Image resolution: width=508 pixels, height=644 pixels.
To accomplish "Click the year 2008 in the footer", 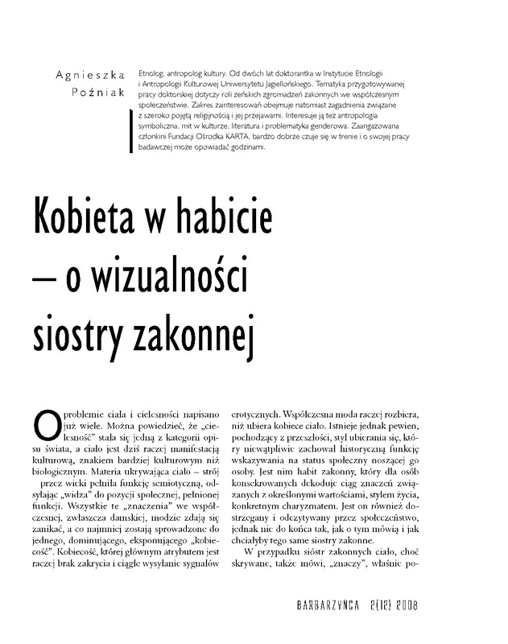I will click(x=423, y=606).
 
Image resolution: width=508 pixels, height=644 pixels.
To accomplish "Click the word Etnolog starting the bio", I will click(x=154, y=72).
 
